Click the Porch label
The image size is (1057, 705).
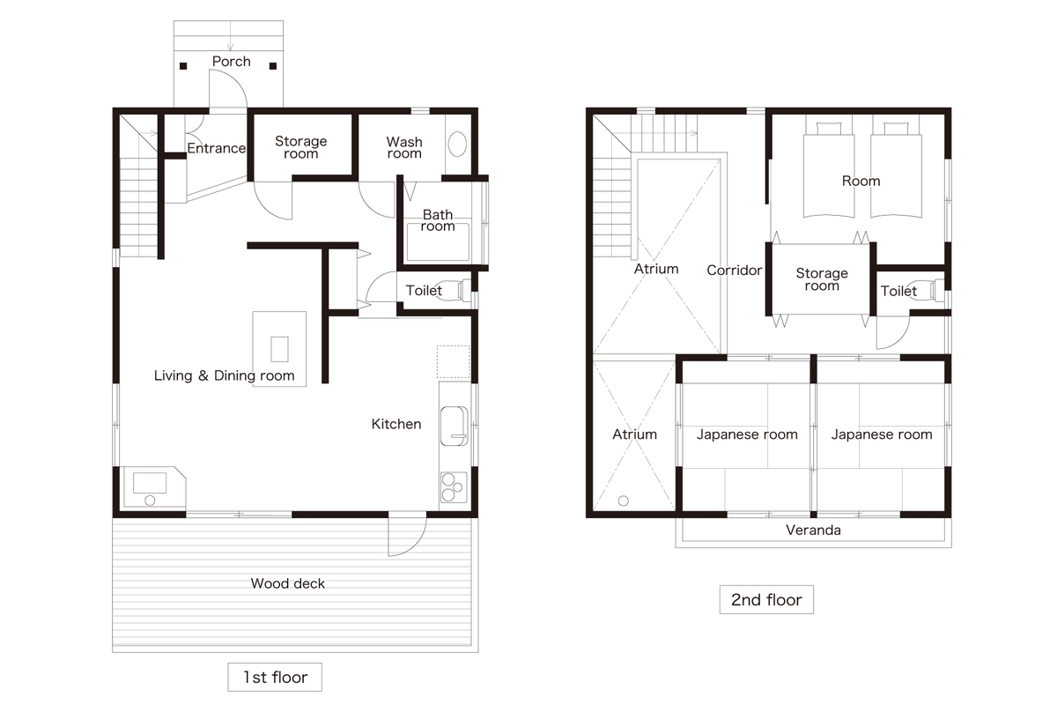231,62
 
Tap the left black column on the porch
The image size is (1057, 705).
183,66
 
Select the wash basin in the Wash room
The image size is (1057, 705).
457,144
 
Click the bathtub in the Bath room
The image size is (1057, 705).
439,241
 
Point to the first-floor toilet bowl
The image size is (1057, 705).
457,290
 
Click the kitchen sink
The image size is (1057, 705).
455,427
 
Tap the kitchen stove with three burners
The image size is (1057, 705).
454,486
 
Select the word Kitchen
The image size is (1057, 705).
396,424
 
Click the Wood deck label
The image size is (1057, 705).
288,583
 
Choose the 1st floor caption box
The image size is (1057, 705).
275,677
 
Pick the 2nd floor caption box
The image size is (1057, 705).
766,600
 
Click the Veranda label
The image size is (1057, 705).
814,531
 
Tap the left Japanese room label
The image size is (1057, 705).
747,434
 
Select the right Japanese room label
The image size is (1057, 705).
882,434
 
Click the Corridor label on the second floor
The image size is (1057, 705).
735,270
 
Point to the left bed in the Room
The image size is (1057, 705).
829,170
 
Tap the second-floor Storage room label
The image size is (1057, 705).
822,279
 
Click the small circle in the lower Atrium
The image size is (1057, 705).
624,501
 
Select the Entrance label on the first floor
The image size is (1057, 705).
217,148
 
